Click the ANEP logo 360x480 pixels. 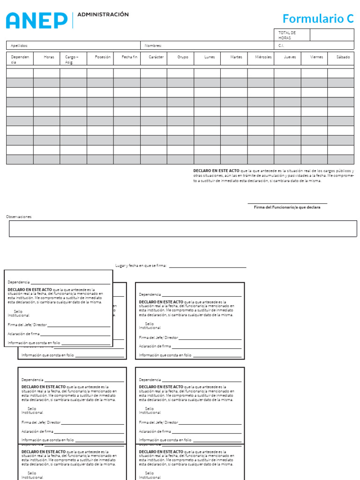(x=37, y=20)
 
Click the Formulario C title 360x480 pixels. (x=318, y=19)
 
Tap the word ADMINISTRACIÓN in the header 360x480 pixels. (x=103, y=15)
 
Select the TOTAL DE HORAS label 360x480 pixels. (x=287, y=35)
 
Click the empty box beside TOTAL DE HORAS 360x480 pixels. (x=331, y=35)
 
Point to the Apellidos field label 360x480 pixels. (x=19, y=45)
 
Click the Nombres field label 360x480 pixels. (x=153, y=45)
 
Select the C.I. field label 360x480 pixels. (x=281, y=45)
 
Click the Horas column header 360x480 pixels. (x=49, y=57)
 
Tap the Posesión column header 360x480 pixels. (x=103, y=57)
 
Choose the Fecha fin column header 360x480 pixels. (x=129, y=57)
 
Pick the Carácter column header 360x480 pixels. (x=156, y=57)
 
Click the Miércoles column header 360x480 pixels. (x=263, y=57)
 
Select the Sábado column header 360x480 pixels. (x=343, y=57)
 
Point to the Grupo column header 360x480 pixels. (x=183, y=57)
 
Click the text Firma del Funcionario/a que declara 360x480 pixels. (x=287, y=207)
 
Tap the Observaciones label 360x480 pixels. (x=19, y=217)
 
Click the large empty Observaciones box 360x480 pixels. (x=183, y=229)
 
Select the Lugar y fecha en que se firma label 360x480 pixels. (x=141, y=265)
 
